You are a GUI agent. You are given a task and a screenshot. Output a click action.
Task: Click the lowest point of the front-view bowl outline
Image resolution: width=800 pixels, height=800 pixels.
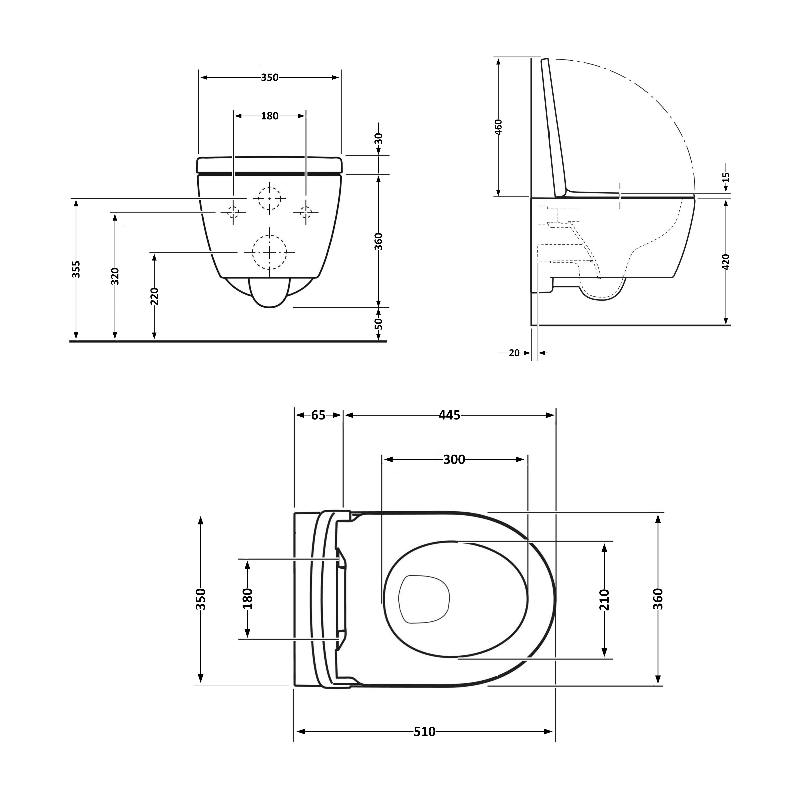pyautogui.click(x=270, y=308)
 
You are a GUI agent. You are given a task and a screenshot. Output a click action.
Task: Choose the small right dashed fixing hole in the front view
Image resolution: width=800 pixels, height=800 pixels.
pyautogui.click(x=306, y=212)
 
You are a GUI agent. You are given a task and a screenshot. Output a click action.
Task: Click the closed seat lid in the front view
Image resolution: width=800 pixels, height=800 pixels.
pyautogui.click(x=270, y=165)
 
